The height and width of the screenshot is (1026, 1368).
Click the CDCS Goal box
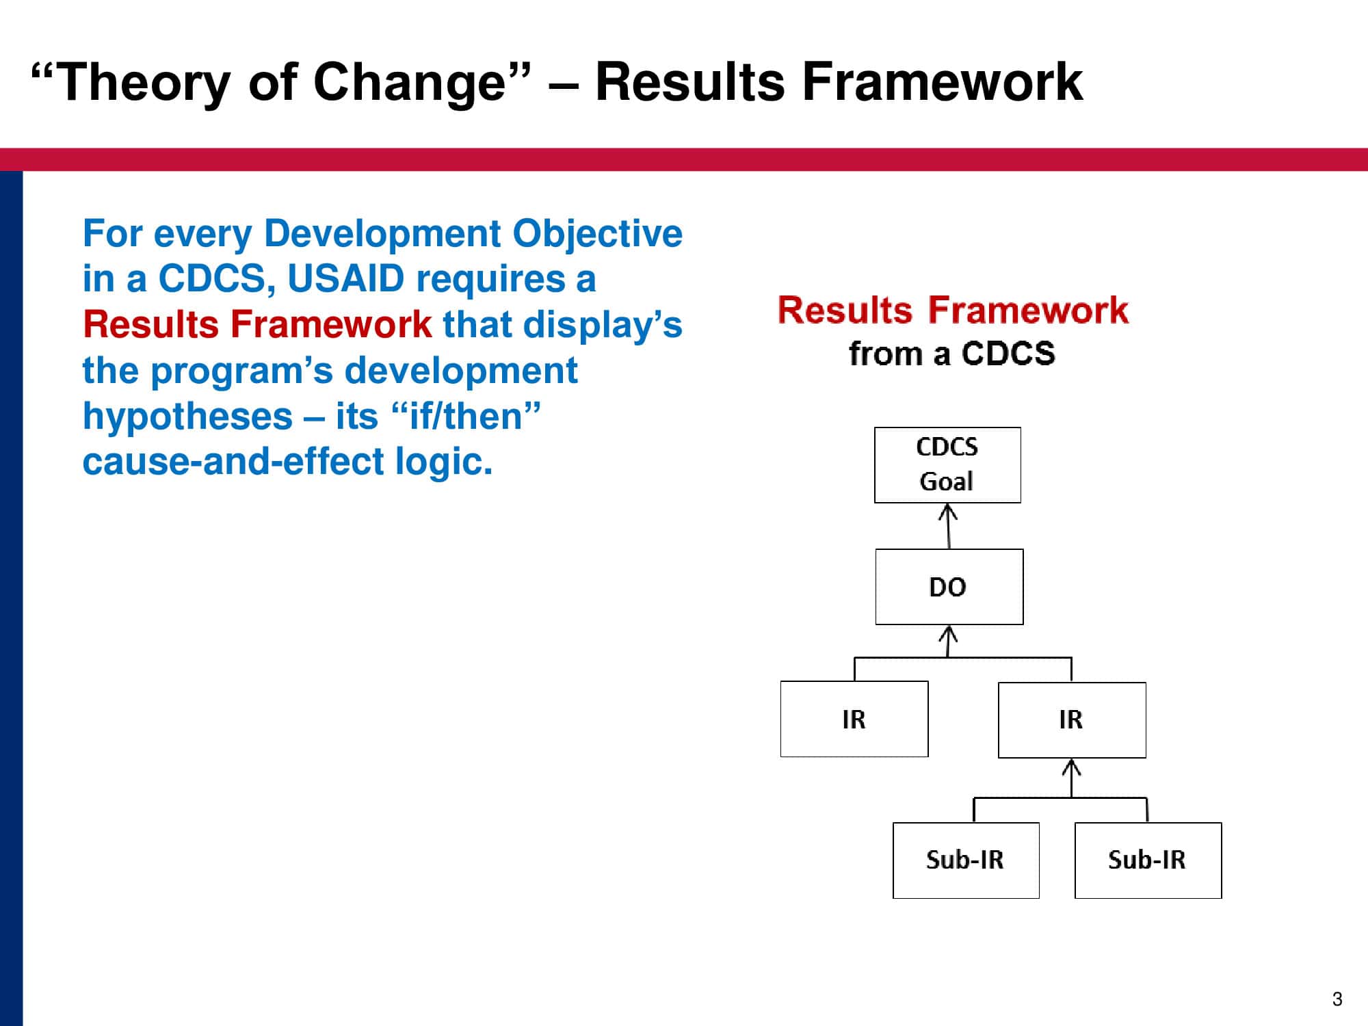[x=947, y=465]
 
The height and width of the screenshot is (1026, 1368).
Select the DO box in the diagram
[x=949, y=587]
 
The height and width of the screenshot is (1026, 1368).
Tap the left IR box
[x=854, y=719]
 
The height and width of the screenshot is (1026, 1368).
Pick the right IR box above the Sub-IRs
[x=1072, y=720]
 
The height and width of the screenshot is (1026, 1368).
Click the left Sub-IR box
[x=966, y=860]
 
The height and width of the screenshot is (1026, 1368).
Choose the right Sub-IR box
[x=1148, y=860]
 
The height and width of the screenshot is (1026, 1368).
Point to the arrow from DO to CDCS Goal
[x=948, y=526]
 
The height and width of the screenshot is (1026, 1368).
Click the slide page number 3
[x=1337, y=999]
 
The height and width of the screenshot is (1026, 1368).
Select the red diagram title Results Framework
[x=953, y=310]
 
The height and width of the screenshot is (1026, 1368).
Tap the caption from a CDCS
[x=951, y=354]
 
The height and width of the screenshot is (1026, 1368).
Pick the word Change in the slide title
[x=409, y=83]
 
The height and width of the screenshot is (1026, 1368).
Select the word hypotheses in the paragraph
[x=187, y=417]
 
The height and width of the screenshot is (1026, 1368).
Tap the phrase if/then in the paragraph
[x=466, y=417]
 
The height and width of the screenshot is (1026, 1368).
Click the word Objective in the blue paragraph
[x=597, y=234]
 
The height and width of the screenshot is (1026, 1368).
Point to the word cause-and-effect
[x=233, y=462]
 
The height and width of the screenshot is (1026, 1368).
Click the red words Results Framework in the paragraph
[x=257, y=325]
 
